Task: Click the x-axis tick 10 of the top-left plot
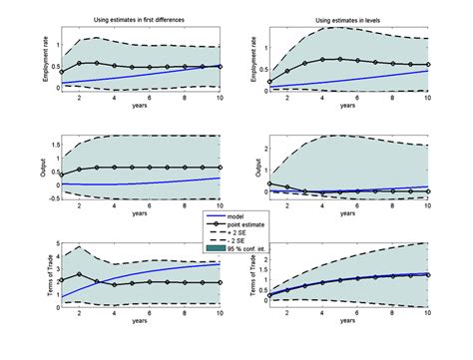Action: tap(221, 96)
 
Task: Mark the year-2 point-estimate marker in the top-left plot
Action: tap(81, 63)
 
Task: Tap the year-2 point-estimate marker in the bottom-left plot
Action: tap(81, 273)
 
